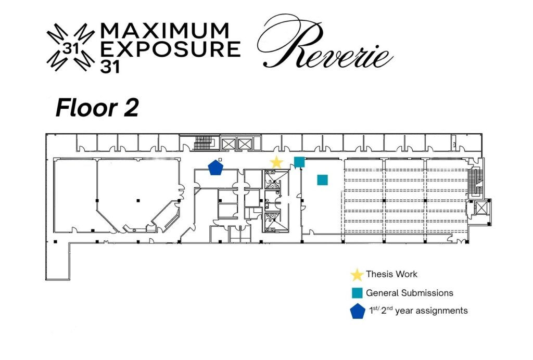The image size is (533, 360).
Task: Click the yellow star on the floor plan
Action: (x=276, y=162)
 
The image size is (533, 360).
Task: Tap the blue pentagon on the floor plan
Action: (x=215, y=168)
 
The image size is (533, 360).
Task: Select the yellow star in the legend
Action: (x=357, y=275)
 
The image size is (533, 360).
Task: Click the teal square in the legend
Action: (x=357, y=293)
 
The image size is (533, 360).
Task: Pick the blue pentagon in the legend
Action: (x=358, y=311)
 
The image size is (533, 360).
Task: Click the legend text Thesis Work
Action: (x=391, y=274)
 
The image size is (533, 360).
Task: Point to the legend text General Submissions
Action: (x=410, y=293)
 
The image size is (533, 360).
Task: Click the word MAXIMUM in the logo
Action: (x=165, y=31)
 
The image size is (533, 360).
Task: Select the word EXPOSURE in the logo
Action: (x=171, y=49)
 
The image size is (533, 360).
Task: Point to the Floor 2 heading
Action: (x=97, y=108)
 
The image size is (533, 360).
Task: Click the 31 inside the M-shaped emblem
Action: (x=71, y=49)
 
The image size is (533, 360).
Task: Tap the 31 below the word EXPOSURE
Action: (x=110, y=67)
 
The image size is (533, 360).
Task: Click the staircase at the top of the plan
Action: (x=203, y=143)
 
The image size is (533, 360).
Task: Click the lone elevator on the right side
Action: (x=480, y=208)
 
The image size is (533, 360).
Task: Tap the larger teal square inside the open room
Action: (x=323, y=179)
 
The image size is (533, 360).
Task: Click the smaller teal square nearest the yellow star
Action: (x=299, y=162)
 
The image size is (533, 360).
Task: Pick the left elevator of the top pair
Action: (x=228, y=143)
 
